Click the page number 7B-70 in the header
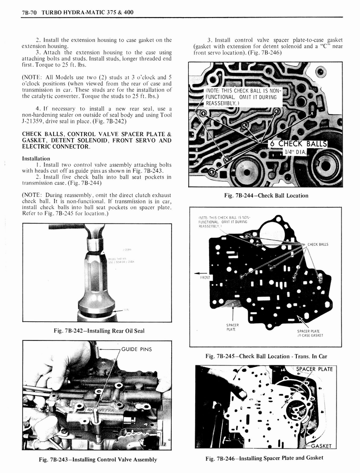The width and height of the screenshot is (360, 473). (30, 12)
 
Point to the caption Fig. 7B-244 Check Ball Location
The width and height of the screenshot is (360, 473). (266, 195)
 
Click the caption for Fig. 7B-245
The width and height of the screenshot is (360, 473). (266, 356)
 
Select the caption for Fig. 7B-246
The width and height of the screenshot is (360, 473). (264, 458)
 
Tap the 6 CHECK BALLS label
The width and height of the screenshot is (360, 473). (298, 143)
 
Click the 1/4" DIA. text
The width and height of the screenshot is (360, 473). (294, 152)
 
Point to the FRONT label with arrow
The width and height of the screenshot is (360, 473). (204, 277)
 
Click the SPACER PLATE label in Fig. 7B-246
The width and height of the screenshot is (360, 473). (314, 369)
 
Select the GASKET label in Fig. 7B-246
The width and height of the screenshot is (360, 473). (320, 446)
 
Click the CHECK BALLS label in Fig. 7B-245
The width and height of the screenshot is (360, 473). (318, 244)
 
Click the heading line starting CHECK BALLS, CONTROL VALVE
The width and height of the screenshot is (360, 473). (96, 134)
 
